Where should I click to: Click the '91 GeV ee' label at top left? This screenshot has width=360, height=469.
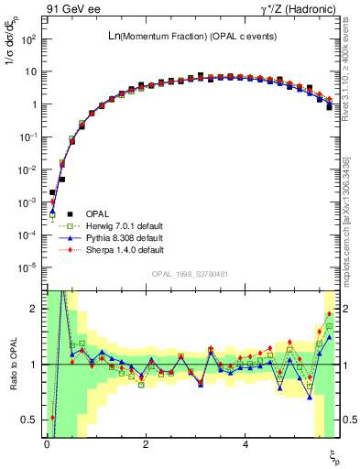point(69,9)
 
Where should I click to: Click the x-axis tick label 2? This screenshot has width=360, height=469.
point(146,444)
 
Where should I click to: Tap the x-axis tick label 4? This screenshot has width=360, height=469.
point(245,444)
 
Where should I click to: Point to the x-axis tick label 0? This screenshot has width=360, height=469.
point(47,444)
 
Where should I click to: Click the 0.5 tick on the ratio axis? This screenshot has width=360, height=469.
point(29,420)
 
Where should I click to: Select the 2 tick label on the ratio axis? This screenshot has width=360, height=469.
point(33,309)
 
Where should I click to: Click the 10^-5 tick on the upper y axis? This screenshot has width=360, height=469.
point(27,267)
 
